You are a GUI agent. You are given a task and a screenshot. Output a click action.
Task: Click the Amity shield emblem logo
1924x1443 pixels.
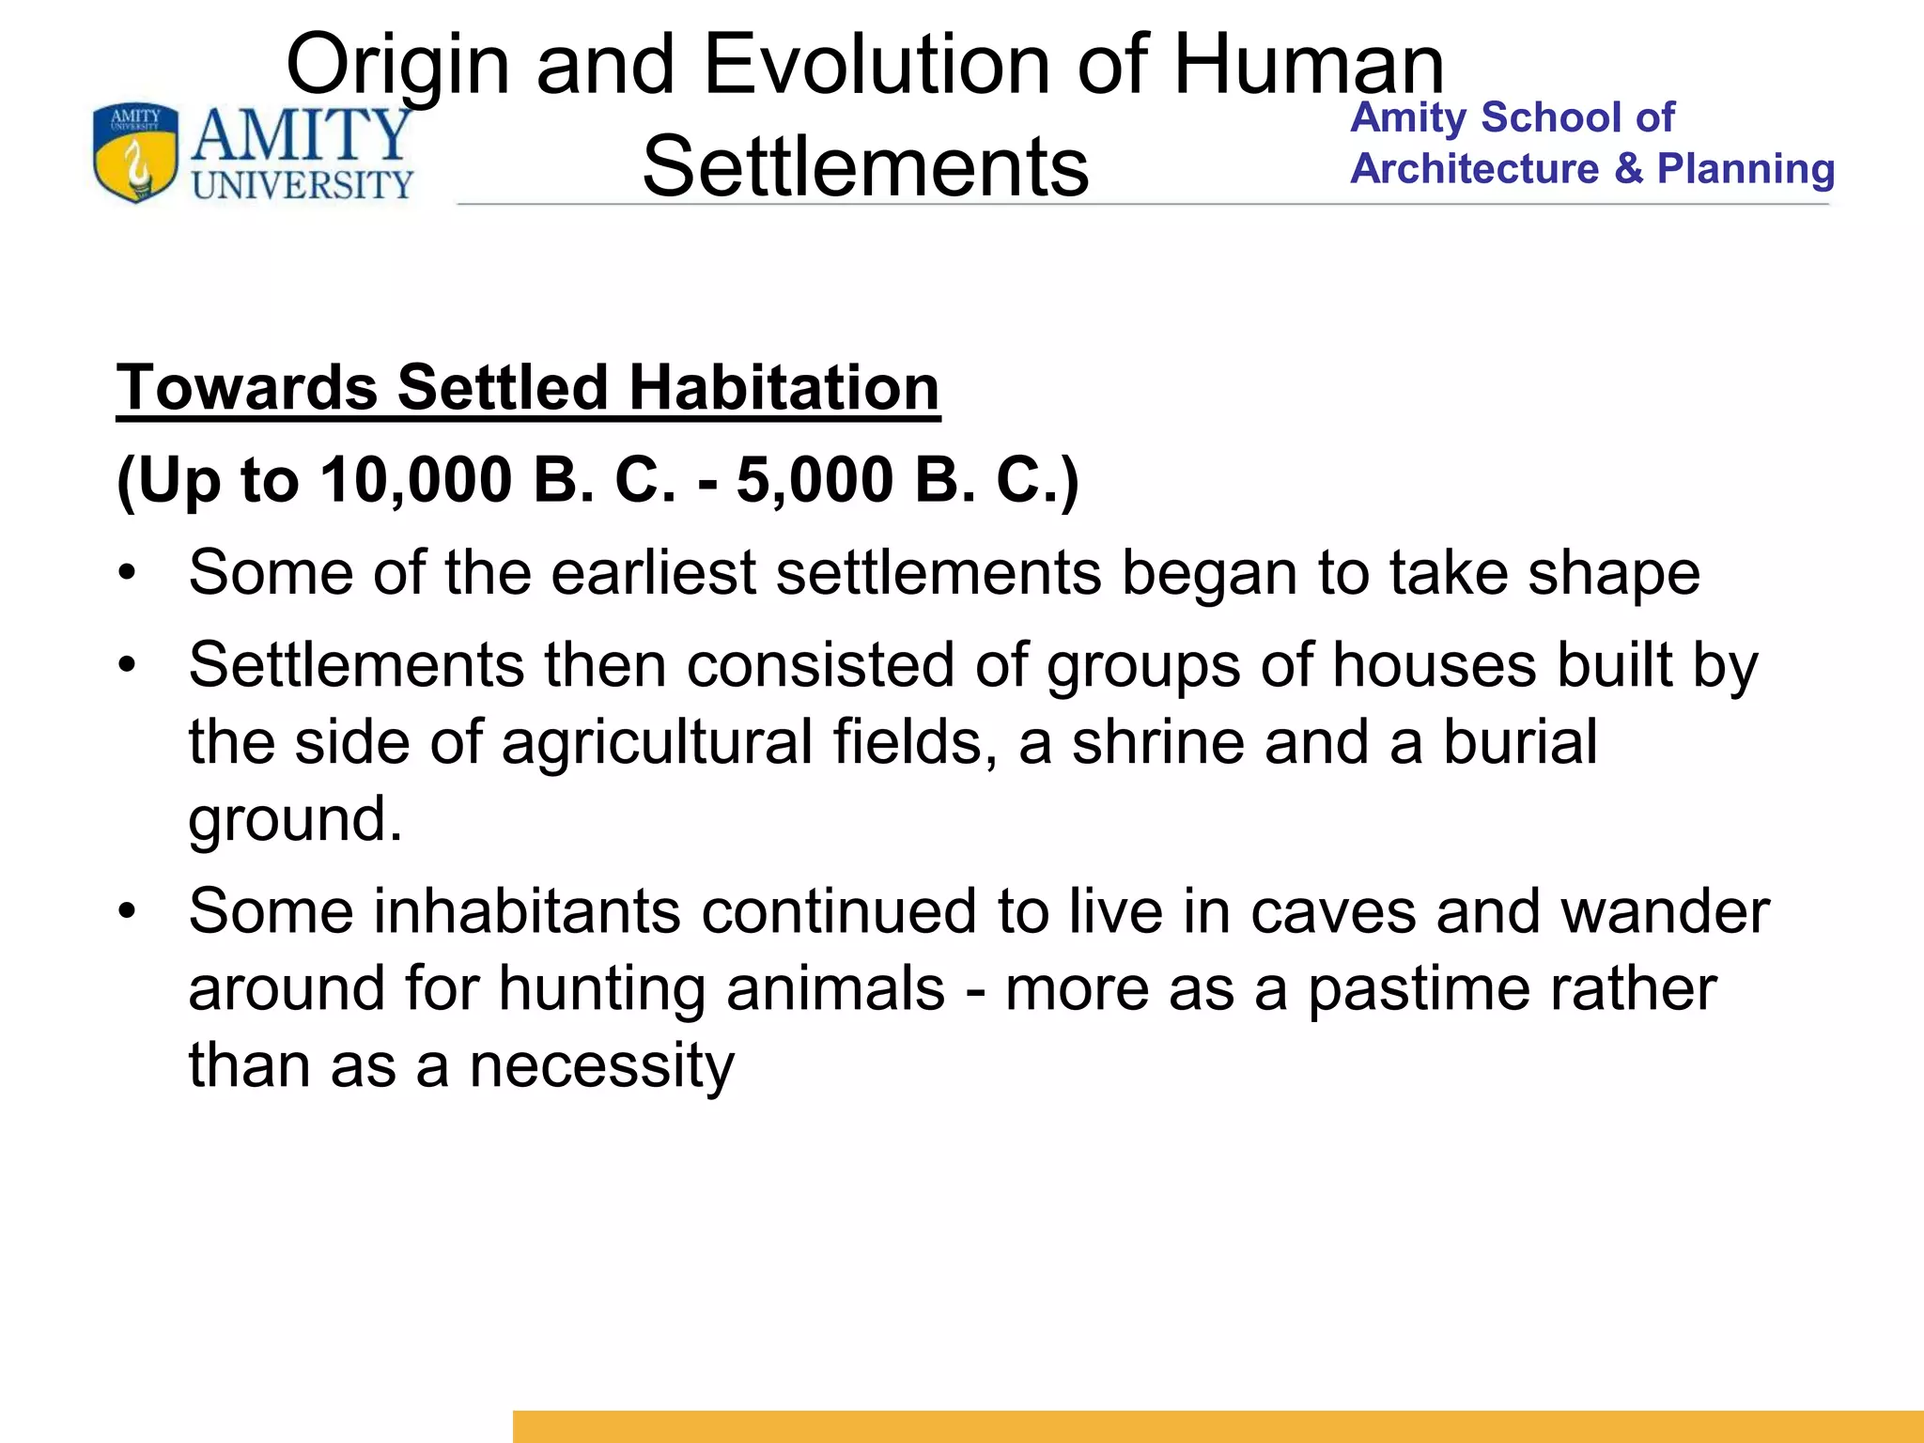pyautogui.click(x=135, y=153)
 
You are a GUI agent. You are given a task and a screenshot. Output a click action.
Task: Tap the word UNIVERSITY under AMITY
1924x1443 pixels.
pyautogui.click(x=303, y=184)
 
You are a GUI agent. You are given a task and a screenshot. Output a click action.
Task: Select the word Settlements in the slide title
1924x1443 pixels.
pyautogui.click(x=865, y=166)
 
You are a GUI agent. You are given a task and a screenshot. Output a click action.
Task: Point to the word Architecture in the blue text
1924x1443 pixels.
pyautogui.click(x=1474, y=169)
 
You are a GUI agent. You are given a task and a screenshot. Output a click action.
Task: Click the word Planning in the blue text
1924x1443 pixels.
pyautogui.click(x=1746, y=169)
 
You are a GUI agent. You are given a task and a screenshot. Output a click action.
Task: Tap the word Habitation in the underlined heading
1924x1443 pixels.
pyautogui.click(x=784, y=387)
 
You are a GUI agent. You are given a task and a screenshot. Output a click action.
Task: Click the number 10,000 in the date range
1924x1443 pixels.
pyautogui.click(x=416, y=479)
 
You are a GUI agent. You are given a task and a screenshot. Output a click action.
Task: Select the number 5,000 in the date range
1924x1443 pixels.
pyautogui.click(x=815, y=479)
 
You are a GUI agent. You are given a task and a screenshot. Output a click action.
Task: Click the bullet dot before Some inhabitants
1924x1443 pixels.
pyautogui.click(x=128, y=911)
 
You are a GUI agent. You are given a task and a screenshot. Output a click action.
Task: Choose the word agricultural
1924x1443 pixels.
pyautogui.click(x=657, y=743)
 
